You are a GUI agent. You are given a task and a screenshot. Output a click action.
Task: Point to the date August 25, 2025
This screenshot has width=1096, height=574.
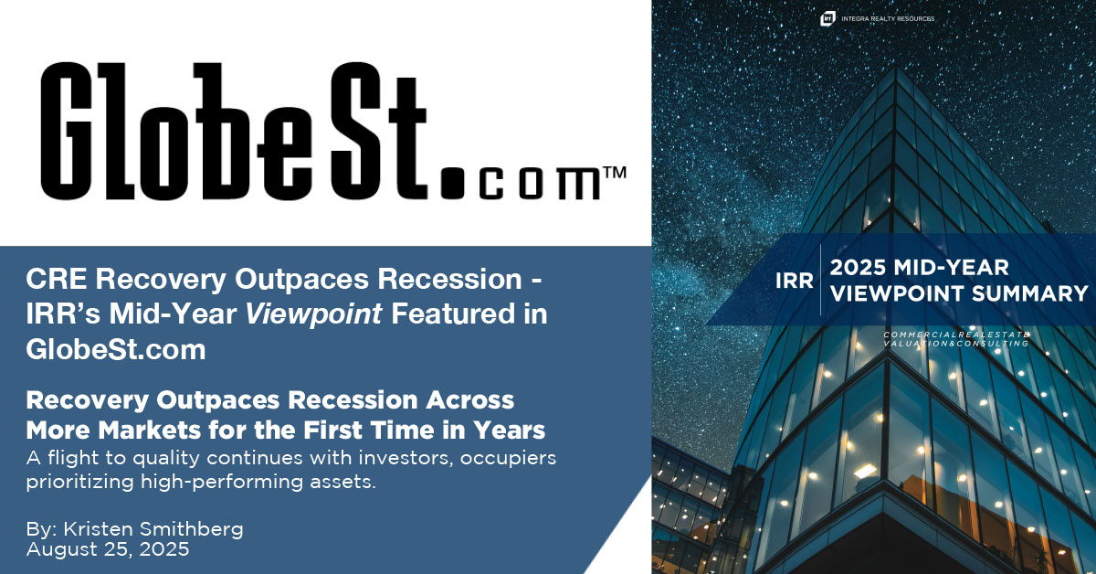[x=108, y=550]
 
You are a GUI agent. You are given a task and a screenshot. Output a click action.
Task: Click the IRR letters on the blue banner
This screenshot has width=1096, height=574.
[x=794, y=282]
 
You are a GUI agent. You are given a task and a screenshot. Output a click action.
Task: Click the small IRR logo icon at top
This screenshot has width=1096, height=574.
[x=827, y=17]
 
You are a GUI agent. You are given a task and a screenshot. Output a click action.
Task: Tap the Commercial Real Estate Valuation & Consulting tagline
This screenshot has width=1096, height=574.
[x=955, y=339]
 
